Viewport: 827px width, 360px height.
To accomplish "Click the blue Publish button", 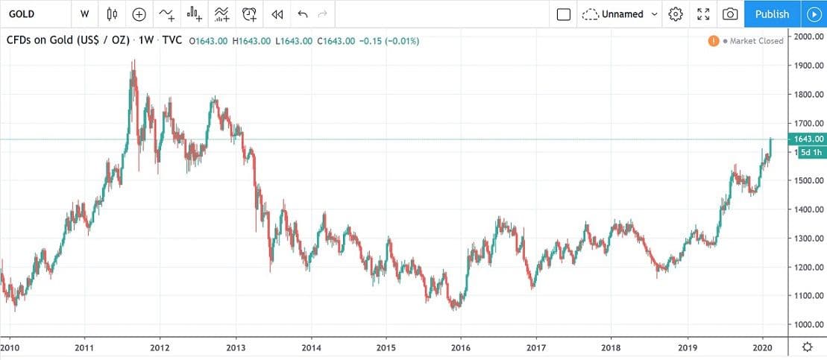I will point(772,14).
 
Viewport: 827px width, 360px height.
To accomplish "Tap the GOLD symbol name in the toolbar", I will point(22,14).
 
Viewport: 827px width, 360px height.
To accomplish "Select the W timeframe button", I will point(85,14).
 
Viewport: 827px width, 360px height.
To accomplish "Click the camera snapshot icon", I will point(731,14).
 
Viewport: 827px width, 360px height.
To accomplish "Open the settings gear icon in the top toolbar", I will point(676,14).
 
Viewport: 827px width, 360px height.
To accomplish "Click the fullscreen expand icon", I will point(703,14).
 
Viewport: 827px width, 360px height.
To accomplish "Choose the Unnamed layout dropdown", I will point(620,14).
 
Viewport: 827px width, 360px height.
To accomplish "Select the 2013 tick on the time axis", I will point(236,347).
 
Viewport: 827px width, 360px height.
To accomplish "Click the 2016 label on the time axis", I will point(461,347).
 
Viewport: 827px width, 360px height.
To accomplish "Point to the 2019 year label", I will point(687,347).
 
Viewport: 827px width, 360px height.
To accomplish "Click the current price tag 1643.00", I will point(810,139).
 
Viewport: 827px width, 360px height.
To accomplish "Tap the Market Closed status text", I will point(756,41).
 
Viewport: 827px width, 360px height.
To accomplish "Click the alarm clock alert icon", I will point(250,14).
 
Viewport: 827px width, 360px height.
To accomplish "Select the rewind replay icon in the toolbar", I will point(277,14).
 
